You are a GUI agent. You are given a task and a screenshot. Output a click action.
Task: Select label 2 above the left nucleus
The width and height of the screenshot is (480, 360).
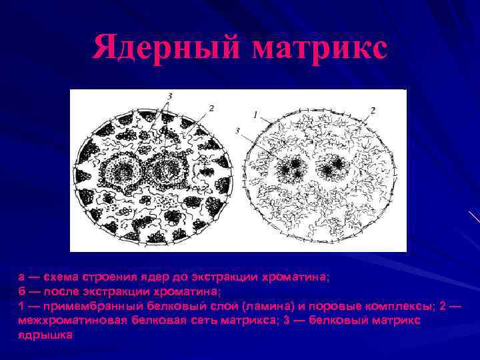tap(211, 107)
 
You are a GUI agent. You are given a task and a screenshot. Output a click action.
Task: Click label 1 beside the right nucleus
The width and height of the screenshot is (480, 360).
tap(255, 115)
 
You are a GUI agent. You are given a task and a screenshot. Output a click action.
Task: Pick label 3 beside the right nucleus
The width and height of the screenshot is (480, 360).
tap(238, 131)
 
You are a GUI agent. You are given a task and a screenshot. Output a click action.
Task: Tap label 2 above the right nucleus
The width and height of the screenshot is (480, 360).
tap(373, 109)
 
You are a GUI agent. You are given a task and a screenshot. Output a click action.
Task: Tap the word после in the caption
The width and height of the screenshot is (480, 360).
tap(56, 291)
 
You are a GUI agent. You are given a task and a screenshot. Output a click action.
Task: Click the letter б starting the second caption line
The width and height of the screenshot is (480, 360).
tap(22, 291)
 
